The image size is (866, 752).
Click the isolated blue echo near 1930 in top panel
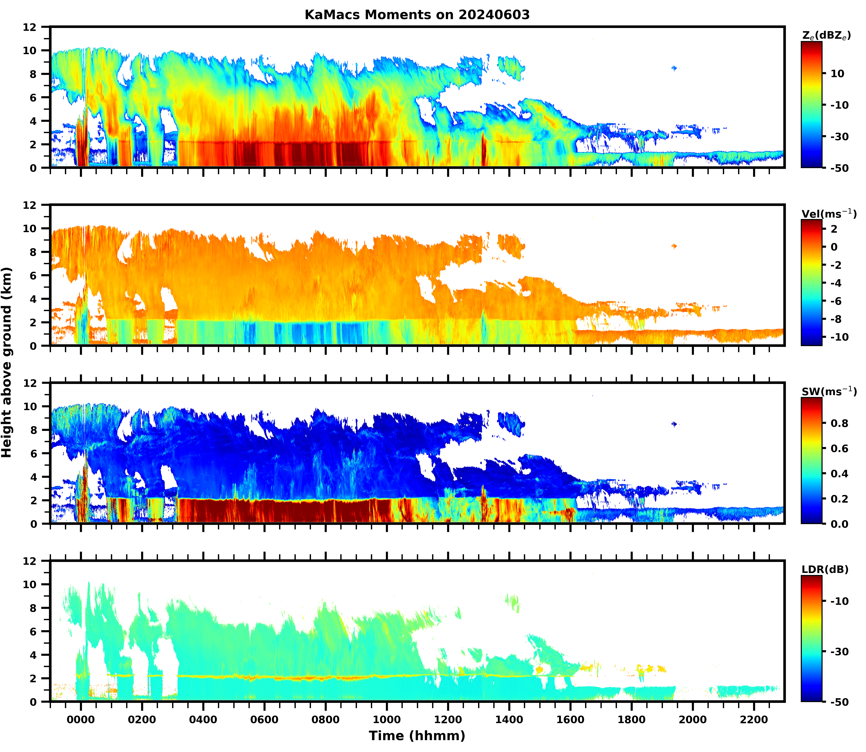pyautogui.click(x=674, y=68)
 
